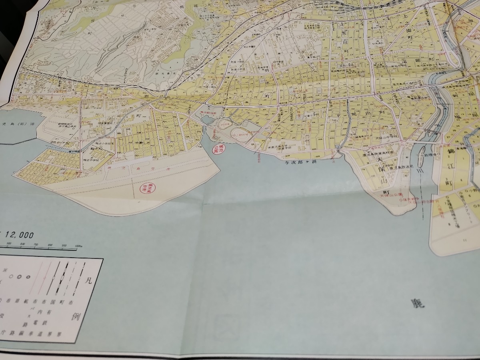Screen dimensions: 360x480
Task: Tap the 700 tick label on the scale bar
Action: (36, 245)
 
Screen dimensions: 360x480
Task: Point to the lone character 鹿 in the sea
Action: (417, 304)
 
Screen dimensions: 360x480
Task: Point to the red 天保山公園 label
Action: (394, 195)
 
